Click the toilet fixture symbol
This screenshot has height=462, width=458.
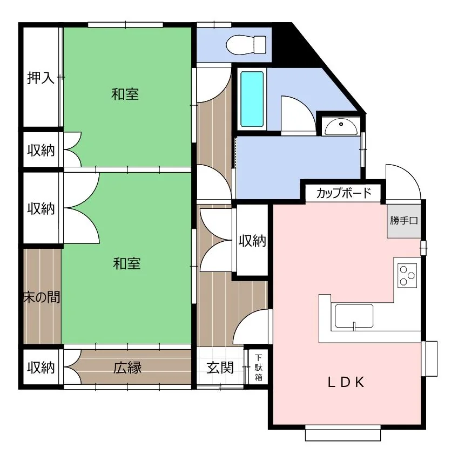(x=246, y=45)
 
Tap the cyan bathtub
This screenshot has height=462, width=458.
(x=252, y=99)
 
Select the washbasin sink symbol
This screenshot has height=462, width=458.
(x=341, y=126)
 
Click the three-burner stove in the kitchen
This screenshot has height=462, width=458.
(x=407, y=275)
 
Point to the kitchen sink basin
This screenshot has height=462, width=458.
(x=354, y=316)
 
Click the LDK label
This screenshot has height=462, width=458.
(x=346, y=382)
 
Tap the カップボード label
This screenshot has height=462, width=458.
(x=343, y=193)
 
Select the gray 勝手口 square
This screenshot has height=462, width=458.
(x=404, y=221)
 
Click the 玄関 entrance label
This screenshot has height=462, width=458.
(x=220, y=368)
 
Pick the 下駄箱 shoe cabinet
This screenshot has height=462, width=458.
(x=258, y=367)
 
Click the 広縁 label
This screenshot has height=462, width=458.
(x=127, y=368)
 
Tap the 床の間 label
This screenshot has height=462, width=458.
(x=42, y=297)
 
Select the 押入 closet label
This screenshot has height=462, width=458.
(x=41, y=78)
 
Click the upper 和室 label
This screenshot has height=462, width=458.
(x=125, y=94)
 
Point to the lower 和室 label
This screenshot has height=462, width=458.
(x=127, y=263)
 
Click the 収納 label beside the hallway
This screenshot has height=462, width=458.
(x=252, y=241)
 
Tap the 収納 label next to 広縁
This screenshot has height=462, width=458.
(x=41, y=368)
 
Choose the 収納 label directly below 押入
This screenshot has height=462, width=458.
(x=41, y=150)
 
